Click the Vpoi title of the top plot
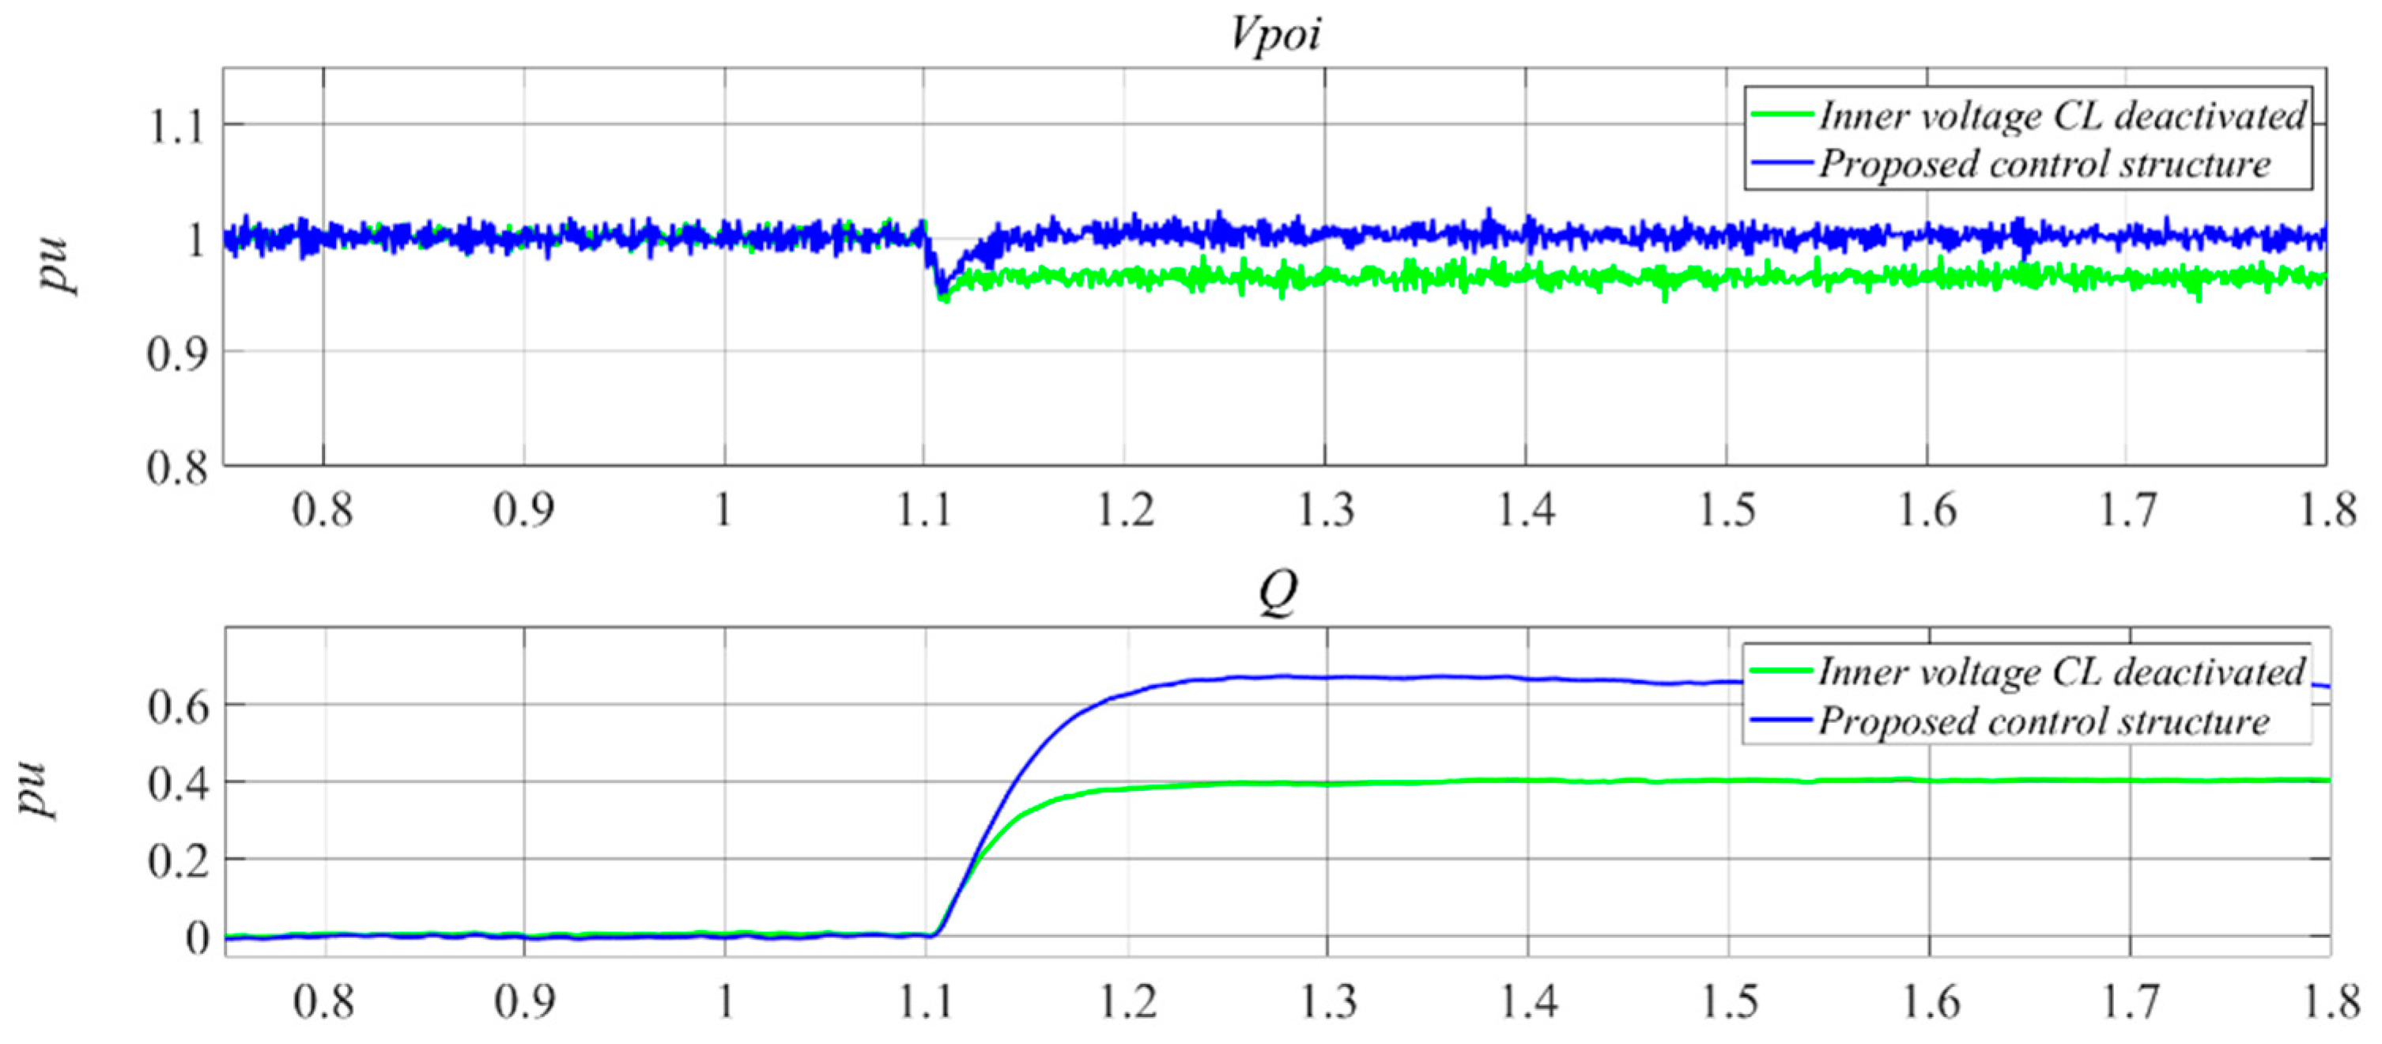point(1275,35)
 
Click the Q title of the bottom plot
point(1278,592)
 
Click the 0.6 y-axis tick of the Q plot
point(178,706)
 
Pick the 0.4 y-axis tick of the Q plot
point(178,784)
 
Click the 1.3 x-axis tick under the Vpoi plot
point(1326,510)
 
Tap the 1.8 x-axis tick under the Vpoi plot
point(2327,510)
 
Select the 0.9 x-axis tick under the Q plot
point(524,1002)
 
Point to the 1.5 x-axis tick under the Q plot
point(1728,1002)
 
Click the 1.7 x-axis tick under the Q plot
point(2130,1002)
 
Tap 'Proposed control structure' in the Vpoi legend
point(2044,165)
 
